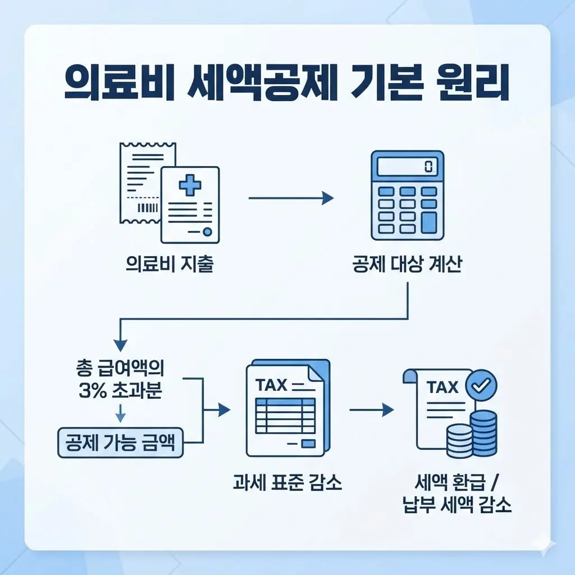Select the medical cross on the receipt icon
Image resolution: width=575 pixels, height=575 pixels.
point(189,185)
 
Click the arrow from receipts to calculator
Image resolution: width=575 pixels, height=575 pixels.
point(290,198)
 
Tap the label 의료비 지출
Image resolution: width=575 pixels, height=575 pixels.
point(170,264)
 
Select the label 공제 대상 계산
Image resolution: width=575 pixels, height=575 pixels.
point(407,264)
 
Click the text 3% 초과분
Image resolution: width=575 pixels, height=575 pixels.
point(121,391)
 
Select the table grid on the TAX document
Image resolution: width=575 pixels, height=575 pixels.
point(285,416)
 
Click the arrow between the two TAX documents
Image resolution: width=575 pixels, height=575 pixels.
point(371,410)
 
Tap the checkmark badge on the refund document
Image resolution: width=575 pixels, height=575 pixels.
point(482,385)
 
